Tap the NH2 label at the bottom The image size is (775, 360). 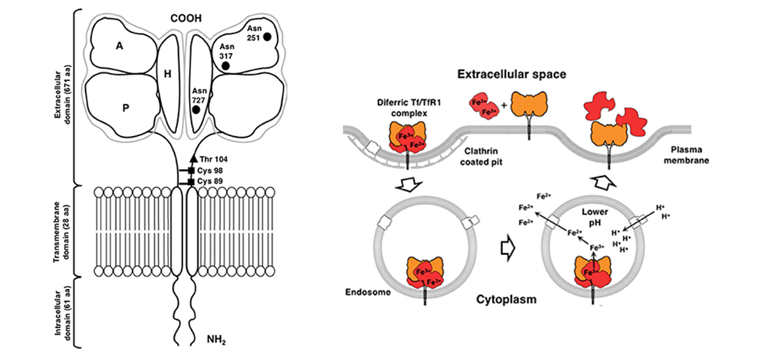pos(216,341)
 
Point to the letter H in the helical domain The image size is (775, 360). pos(167,74)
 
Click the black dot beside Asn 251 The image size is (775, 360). pos(268,37)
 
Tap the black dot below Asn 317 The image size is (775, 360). pos(225,65)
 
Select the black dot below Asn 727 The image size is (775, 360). pos(196,110)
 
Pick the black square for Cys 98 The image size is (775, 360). pos(190,171)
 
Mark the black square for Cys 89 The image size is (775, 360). pos(190,182)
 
